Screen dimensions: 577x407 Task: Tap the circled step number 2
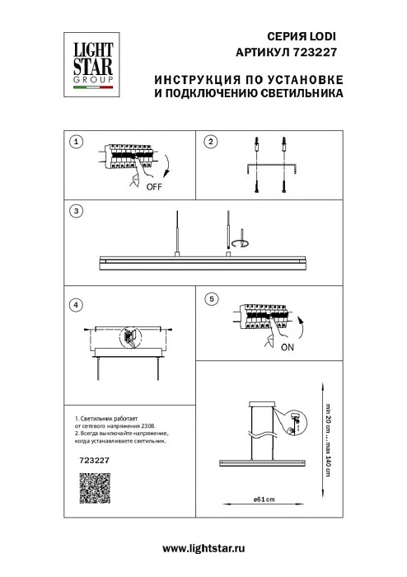(210, 142)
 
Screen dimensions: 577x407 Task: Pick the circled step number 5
(210, 298)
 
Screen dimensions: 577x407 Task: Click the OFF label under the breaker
(153, 187)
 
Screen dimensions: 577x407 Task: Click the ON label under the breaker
(287, 347)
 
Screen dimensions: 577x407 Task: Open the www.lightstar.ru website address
(203, 548)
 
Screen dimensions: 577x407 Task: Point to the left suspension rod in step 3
(176, 233)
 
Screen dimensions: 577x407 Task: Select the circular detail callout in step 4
(130, 337)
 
